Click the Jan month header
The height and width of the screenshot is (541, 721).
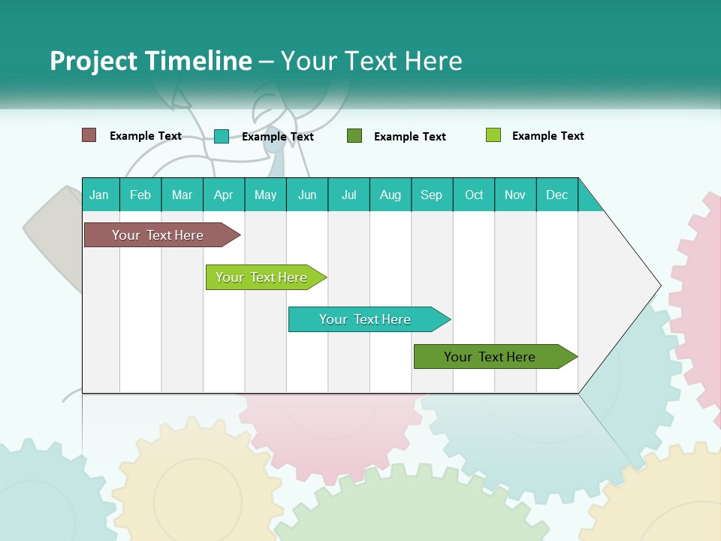100,195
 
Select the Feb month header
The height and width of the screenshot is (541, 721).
140,195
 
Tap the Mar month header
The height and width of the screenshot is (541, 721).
182,195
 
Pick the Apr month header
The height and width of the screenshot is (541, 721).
224,195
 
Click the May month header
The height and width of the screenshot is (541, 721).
265,195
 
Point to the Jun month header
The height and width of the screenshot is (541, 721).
307,195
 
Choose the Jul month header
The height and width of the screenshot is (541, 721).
348,195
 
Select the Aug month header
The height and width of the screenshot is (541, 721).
391,195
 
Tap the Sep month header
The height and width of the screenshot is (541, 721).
432,195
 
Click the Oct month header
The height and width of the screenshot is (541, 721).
474,195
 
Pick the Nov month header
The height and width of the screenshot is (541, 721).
515,195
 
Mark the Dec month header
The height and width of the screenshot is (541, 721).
557,195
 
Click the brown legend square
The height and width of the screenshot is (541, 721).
89,135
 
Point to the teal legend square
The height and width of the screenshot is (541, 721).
222,136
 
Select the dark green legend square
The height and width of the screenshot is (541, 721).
354,136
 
